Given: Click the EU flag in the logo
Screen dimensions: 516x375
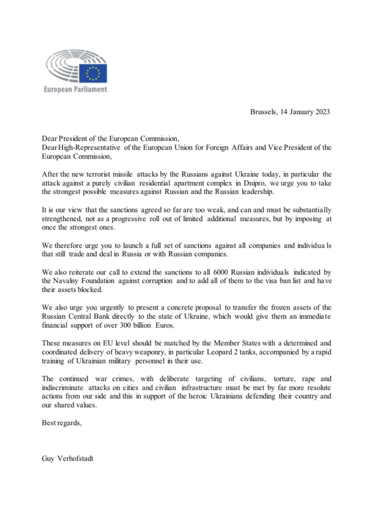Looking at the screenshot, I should [x=93, y=73].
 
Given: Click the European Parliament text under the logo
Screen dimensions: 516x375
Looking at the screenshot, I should [x=75, y=89].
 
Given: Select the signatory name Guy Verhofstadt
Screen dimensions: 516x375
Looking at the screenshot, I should [x=67, y=458].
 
